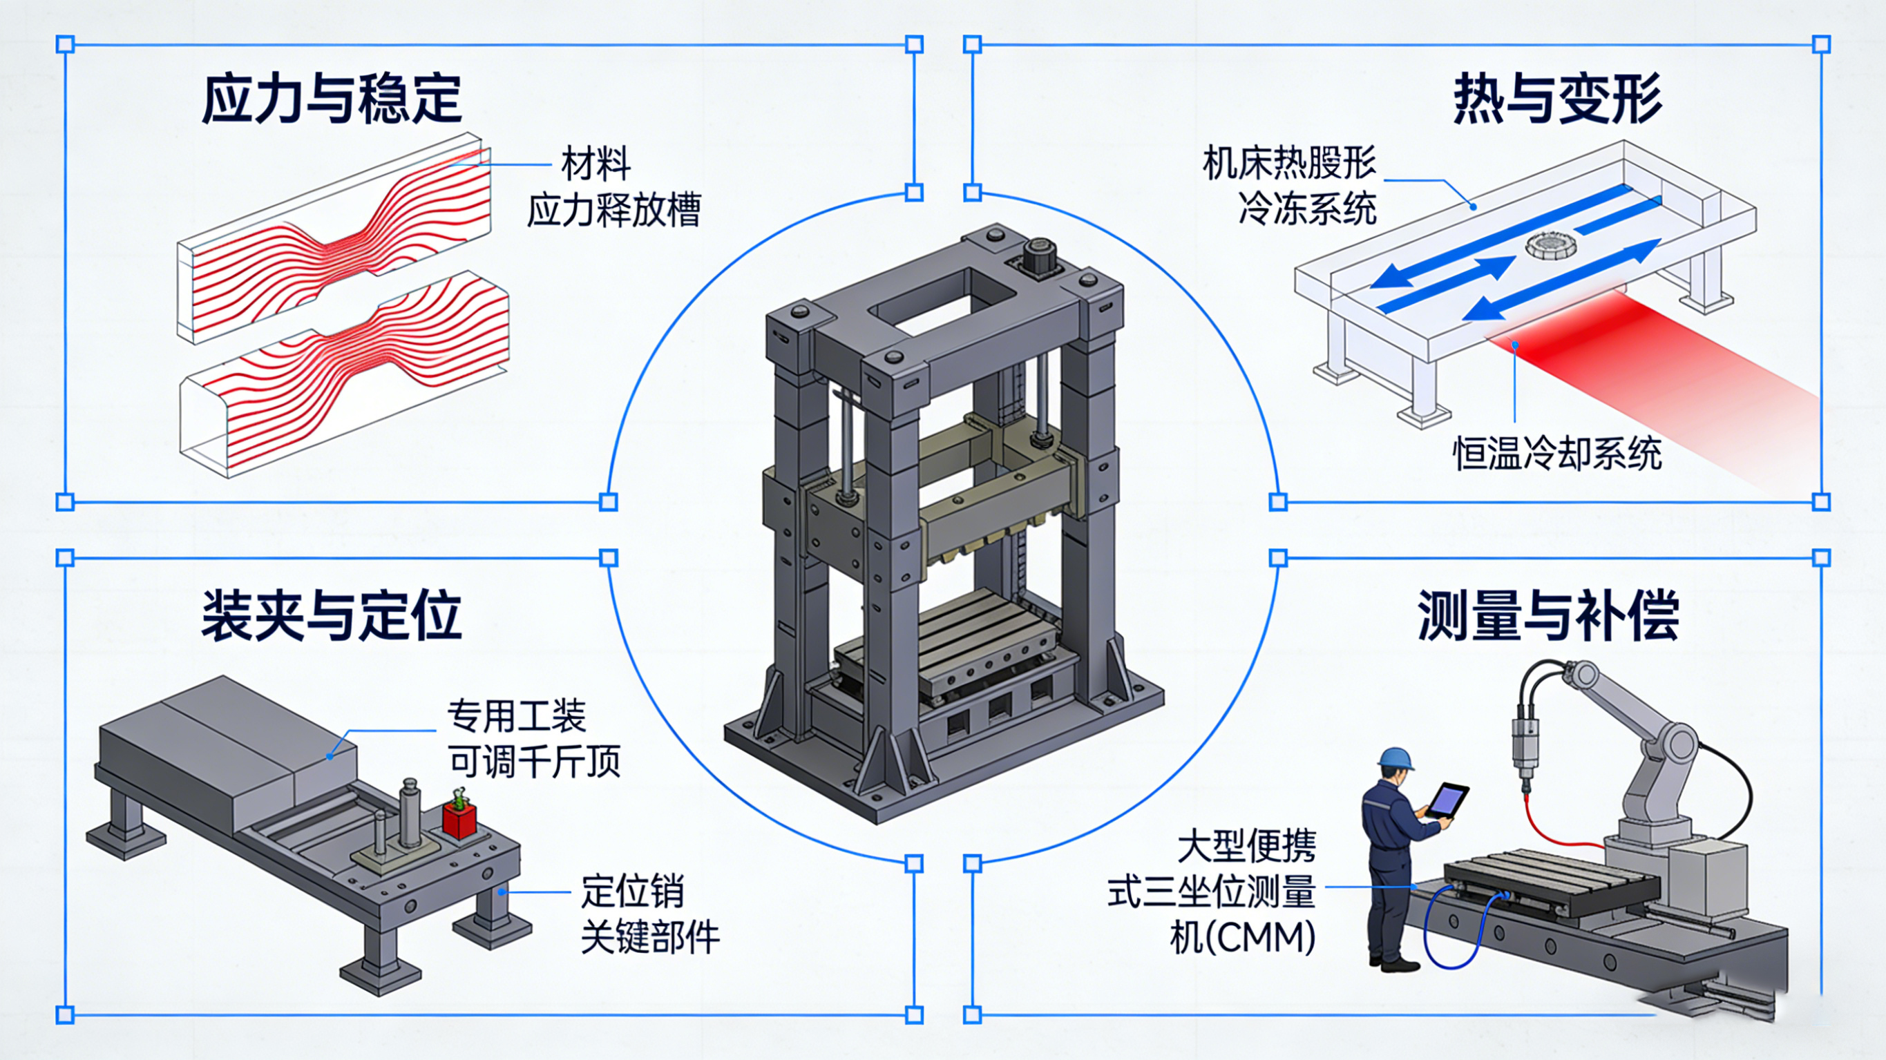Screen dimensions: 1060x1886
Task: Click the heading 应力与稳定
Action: tap(331, 99)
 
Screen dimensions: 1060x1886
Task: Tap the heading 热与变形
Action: tap(1556, 99)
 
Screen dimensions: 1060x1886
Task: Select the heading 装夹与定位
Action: tap(331, 616)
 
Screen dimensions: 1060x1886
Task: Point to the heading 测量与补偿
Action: tap(1547, 616)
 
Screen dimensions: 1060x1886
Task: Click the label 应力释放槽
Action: tap(613, 210)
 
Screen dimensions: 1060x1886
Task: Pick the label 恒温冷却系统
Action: tap(1556, 453)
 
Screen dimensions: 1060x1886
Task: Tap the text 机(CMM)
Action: tap(1242, 936)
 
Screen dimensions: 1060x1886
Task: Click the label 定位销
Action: tap(633, 891)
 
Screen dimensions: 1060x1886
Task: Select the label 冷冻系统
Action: tap(1307, 209)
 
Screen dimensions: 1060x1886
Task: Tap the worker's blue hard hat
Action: tap(1395, 758)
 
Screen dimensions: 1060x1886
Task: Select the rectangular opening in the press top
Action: tap(941, 301)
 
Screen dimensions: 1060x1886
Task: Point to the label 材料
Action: tap(596, 163)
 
